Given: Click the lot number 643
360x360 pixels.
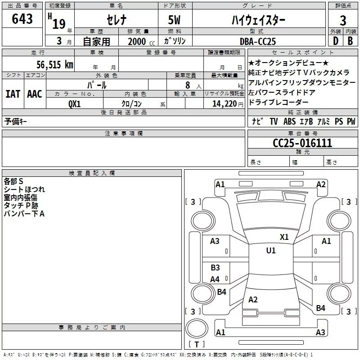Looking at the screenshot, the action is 22,19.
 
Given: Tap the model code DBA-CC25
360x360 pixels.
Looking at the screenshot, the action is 258,41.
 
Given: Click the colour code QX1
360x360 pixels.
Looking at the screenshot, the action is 75,103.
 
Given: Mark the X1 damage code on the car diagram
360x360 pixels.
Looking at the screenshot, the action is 284,237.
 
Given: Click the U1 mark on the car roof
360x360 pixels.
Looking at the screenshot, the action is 270,251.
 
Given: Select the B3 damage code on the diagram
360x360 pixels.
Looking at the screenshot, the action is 215,268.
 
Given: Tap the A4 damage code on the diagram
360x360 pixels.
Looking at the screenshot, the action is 215,279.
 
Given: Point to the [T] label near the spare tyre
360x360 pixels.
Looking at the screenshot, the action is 197,344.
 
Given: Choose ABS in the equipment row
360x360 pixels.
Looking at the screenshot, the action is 290,121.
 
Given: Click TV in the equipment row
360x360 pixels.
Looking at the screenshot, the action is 274,121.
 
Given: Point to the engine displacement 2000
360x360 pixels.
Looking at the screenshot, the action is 137,41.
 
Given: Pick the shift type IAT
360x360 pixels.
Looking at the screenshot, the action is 13,94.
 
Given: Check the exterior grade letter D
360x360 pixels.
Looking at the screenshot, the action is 335,41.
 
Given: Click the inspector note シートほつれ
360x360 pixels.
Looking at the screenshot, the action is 24,189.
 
